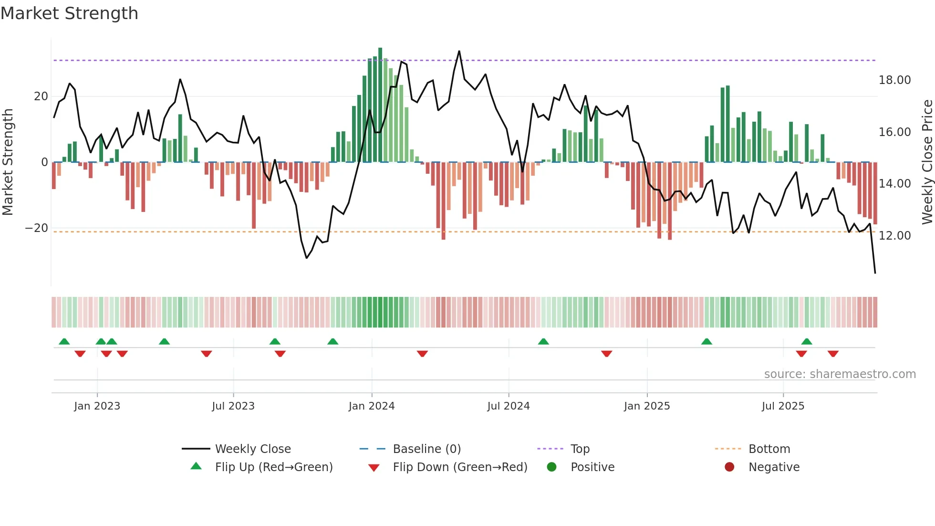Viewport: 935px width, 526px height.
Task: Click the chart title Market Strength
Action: [x=69, y=13]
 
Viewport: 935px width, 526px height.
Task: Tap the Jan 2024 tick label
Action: [x=372, y=406]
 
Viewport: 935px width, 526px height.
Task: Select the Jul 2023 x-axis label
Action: [x=233, y=406]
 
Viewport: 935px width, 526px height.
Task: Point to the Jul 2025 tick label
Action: [x=783, y=406]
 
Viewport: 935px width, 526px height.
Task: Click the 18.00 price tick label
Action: [x=894, y=80]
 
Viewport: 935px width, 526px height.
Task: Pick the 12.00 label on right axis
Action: [x=894, y=236]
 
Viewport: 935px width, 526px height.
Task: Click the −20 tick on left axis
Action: [x=37, y=228]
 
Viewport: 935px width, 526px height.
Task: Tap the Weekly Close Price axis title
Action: [x=927, y=162]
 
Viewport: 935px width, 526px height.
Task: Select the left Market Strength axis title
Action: [x=8, y=162]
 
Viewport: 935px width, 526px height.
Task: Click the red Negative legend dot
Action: [x=729, y=467]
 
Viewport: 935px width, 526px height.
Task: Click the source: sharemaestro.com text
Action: [x=840, y=374]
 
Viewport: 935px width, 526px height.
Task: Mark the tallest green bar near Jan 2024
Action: [x=380, y=105]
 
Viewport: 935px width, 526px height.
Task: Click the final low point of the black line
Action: [x=875, y=273]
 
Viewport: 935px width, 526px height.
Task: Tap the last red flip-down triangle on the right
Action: [x=833, y=354]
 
